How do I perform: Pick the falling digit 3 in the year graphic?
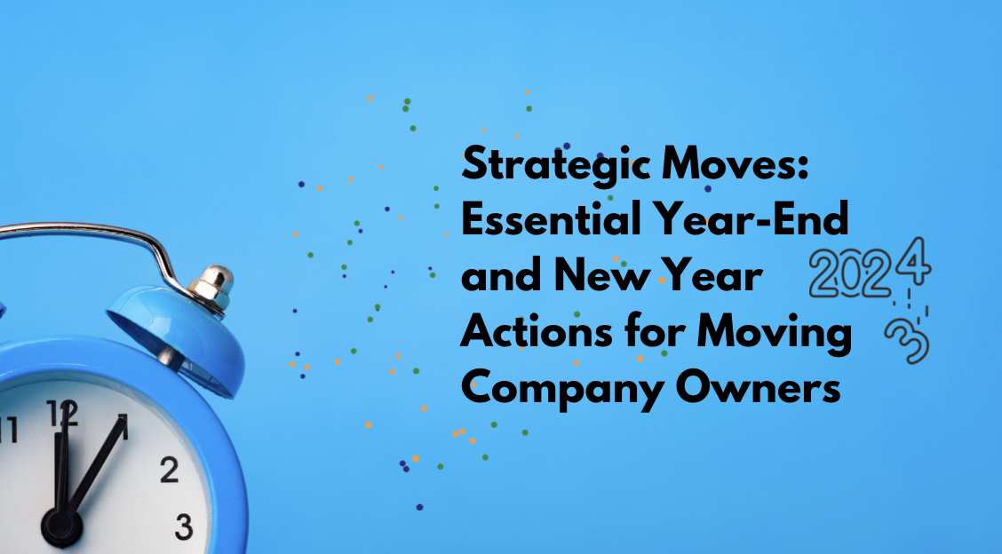tap(903, 338)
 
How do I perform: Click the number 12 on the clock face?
tap(62, 415)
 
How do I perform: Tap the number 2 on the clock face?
tap(169, 470)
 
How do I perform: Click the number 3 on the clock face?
tap(184, 526)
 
